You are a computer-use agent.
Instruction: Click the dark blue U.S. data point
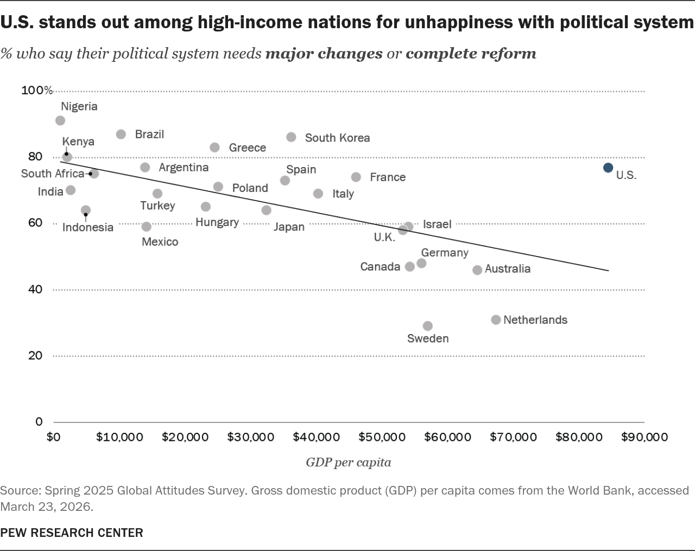pos(608,168)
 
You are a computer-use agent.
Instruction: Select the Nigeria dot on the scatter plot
pos(60,120)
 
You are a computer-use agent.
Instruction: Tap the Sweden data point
pos(428,326)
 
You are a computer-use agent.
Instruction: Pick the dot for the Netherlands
pos(496,320)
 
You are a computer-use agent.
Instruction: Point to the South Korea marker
pos(291,137)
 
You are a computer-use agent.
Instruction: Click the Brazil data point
pos(121,134)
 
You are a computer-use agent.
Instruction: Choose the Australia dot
pos(477,270)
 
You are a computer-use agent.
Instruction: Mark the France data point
pos(356,177)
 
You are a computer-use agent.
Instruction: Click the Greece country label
pos(248,148)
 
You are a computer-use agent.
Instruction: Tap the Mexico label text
pos(160,242)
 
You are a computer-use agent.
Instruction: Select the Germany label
pos(445,253)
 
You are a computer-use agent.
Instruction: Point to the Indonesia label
pos(88,227)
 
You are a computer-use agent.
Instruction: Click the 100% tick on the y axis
pos(37,90)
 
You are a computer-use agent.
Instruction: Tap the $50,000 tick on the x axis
pos(382,437)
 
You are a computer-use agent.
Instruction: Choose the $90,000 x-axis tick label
pos(644,437)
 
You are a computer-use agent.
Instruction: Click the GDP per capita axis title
pos(348,463)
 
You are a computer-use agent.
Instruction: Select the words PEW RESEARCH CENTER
pos(72,533)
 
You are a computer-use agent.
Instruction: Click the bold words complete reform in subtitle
pos(471,54)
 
